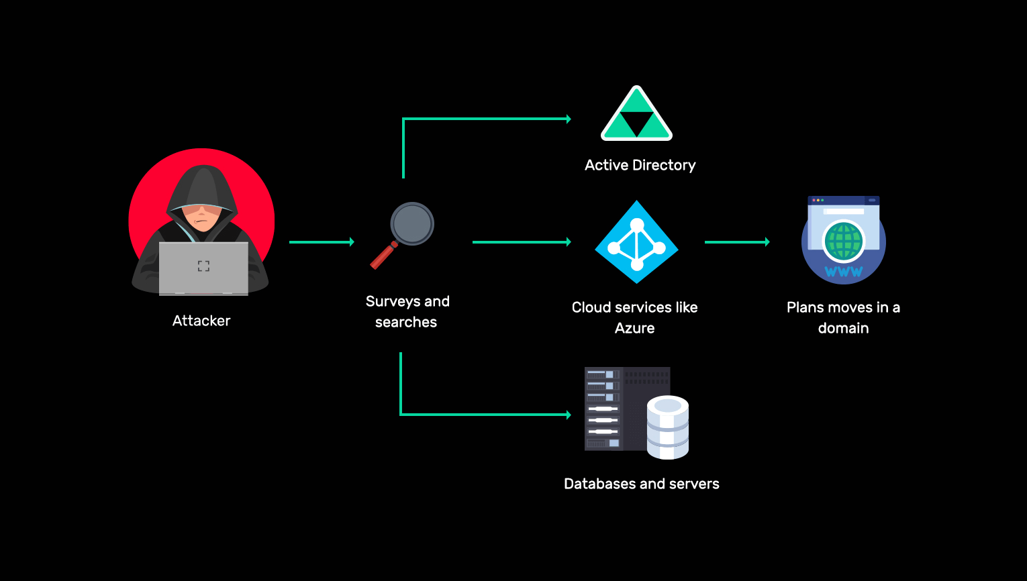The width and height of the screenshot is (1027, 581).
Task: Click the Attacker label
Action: pos(201,321)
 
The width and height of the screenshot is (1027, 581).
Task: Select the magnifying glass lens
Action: pos(412,223)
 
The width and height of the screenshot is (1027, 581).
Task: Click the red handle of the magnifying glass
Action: pos(383,256)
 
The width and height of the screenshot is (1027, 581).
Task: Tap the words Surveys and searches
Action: pos(407,311)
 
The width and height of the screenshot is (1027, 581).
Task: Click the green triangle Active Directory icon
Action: pos(636,115)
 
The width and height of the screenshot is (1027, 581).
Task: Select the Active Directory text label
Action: pos(640,165)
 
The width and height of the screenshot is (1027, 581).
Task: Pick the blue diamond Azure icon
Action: pos(636,242)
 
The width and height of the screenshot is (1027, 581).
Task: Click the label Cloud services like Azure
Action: pos(634,317)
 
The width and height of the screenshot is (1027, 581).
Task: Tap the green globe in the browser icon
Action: pos(843,242)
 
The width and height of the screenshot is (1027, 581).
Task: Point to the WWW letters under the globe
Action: pos(844,272)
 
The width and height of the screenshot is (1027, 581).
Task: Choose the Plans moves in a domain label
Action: pos(843,317)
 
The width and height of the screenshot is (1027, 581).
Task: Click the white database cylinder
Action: pos(667,427)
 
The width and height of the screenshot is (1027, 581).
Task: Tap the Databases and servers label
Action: pos(641,484)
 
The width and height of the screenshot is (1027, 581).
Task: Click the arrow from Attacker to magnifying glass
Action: pos(321,242)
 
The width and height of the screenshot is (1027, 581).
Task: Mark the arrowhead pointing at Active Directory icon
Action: pos(568,119)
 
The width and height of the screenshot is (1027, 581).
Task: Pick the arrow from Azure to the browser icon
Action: pos(736,242)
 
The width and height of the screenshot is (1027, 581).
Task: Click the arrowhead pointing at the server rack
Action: pos(568,415)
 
